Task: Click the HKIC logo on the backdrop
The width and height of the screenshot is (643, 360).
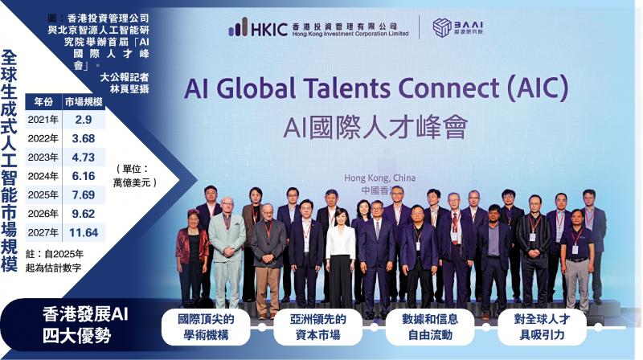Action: pyautogui.click(x=318, y=27)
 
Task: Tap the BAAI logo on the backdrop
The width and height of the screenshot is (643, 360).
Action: pyautogui.click(x=457, y=27)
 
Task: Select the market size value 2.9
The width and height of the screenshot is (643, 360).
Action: pyautogui.click(x=84, y=120)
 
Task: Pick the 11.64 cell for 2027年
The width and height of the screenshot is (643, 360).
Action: pyautogui.click(x=84, y=232)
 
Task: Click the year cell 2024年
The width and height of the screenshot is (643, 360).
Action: pyautogui.click(x=43, y=176)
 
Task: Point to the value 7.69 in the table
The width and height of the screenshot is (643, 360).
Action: pyautogui.click(x=84, y=194)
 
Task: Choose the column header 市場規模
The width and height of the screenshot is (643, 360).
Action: pyautogui.click(x=84, y=102)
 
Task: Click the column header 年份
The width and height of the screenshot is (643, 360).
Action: pyautogui.click(x=43, y=102)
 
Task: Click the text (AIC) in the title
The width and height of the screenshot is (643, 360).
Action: pyautogui.click(x=538, y=88)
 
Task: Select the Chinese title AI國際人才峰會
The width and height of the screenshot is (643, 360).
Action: pyautogui.click(x=375, y=127)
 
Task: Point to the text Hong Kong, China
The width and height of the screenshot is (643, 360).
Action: pyautogui.click(x=379, y=178)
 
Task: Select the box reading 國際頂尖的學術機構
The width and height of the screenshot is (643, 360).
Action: pyautogui.click(x=206, y=327)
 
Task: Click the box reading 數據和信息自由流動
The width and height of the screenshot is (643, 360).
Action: pyautogui.click(x=430, y=327)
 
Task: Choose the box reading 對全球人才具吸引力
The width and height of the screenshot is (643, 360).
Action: pyautogui.click(x=542, y=327)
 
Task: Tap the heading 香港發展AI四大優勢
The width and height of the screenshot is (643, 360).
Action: pyautogui.click(x=85, y=325)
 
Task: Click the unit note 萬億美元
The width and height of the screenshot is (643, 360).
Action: pyautogui.click(x=135, y=182)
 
